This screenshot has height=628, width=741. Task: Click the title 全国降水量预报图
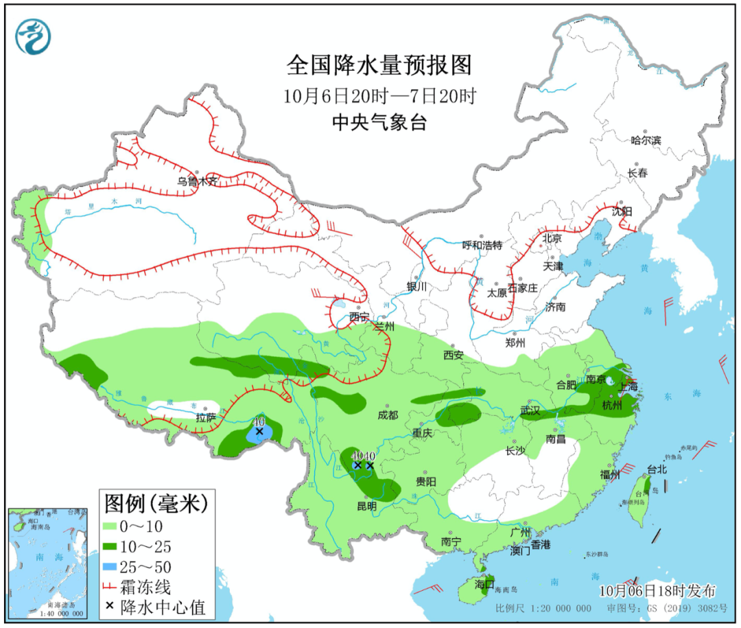pyautogui.click(x=379, y=66)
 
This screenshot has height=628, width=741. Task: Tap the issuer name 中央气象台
pyautogui.click(x=379, y=123)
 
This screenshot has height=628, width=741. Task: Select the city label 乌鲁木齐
pyautogui.click(x=196, y=182)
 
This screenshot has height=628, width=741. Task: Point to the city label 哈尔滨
pyautogui.click(x=646, y=140)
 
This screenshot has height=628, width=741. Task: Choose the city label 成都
pyautogui.click(x=388, y=415)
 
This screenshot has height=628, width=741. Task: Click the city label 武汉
pyautogui.click(x=530, y=411)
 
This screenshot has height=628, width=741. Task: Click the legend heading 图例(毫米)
pyautogui.click(x=156, y=504)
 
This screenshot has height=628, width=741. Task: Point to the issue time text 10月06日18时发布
pyautogui.click(x=657, y=591)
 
